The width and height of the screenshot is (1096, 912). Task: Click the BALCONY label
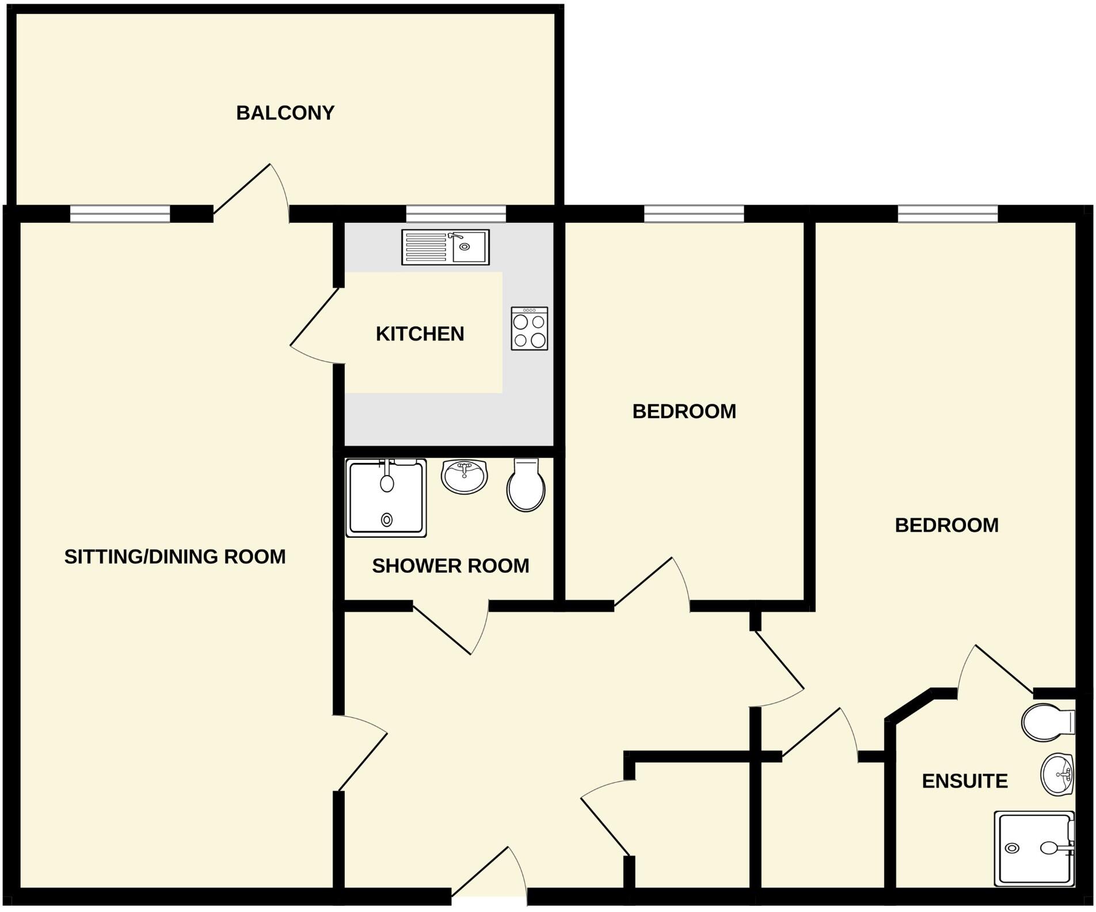point(285,113)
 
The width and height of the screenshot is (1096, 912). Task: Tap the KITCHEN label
point(420,334)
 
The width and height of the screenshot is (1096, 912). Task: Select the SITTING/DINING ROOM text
point(174,557)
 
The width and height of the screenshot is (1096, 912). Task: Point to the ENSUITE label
point(965,781)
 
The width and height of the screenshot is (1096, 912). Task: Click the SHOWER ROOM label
point(450,566)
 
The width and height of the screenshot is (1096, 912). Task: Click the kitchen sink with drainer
point(445,247)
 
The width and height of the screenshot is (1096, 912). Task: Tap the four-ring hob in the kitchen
point(529,329)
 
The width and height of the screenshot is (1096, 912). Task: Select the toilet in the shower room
point(526,485)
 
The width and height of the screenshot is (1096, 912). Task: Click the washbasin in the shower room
point(464,476)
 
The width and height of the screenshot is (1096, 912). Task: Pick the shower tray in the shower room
point(386,498)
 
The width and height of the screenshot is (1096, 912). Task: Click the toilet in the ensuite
point(1047,722)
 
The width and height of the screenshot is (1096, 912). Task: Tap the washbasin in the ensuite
point(1057,774)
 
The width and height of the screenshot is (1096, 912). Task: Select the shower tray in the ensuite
point(1034,848)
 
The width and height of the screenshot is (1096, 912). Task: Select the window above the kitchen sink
point(456,214)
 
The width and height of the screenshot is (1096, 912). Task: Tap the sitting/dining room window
point(120,214)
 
